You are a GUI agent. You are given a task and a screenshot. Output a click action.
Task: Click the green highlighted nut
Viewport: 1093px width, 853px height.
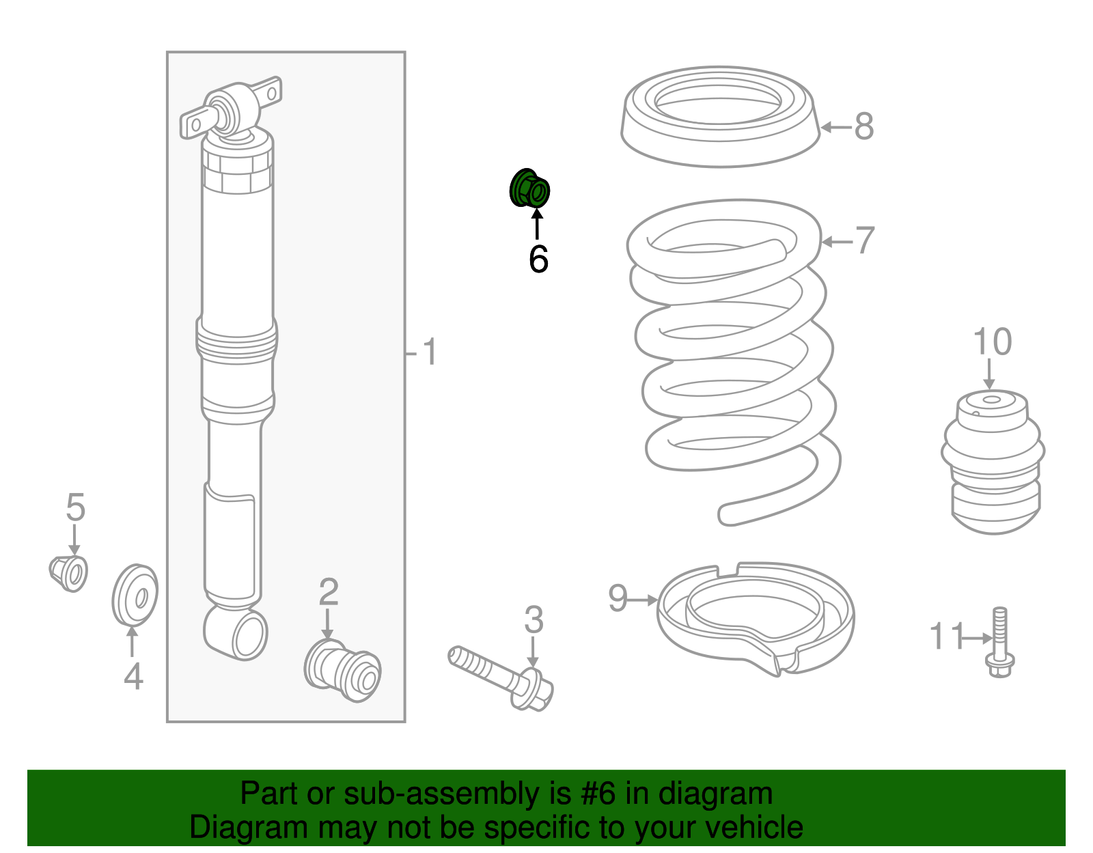click(529, 188)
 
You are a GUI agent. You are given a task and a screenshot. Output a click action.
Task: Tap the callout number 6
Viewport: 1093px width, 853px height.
click(538, 260)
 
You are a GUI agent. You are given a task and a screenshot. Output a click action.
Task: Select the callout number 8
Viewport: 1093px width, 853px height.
click(864, 126)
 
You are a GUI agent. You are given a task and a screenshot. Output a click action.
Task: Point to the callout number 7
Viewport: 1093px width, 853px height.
click(865, 240)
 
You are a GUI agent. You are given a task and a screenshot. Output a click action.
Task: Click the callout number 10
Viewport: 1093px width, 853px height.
click(993, 341)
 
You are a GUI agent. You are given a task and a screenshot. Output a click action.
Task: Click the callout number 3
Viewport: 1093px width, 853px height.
click(534, 619)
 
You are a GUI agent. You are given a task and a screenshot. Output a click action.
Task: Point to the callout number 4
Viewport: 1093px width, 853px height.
click(134, 677)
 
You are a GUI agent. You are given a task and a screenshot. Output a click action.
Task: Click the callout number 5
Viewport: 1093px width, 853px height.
click(76, 507)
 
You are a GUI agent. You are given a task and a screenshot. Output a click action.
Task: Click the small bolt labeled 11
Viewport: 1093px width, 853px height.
click(1000, 642)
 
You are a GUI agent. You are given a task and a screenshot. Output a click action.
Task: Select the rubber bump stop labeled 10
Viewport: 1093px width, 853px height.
click(993, 462)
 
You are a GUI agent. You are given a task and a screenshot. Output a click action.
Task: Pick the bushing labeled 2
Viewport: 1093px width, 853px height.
click(342, 670)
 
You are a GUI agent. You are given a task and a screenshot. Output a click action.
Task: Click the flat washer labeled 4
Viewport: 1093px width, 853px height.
click(135, 596)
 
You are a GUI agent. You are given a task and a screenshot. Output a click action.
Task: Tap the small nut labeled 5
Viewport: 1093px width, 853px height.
click(69, 574)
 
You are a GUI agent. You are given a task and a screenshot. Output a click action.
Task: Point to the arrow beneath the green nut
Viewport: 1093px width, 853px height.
click(537, 224)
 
